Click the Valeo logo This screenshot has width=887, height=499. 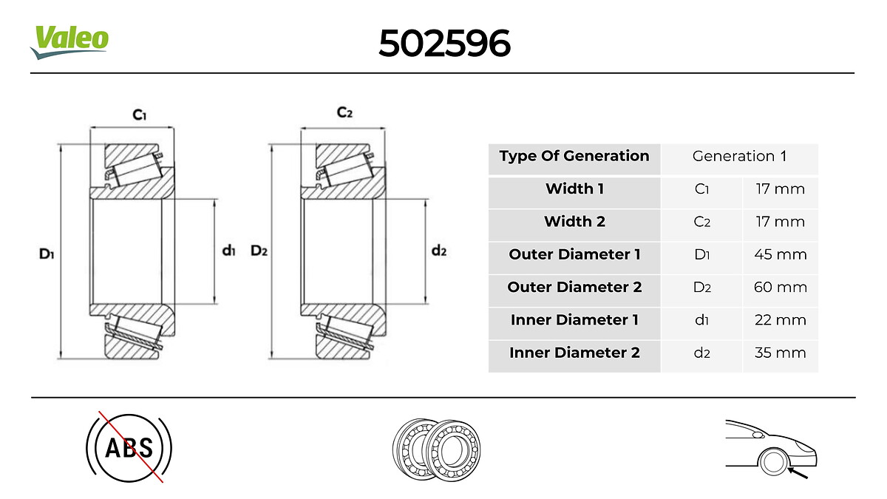tap(69, 41)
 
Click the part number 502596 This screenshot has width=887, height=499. tap(444, 44)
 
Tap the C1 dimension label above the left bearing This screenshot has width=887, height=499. tap(140, 115)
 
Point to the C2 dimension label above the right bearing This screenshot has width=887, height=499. tap(344, 112)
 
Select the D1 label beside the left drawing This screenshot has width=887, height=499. tap(47, 254)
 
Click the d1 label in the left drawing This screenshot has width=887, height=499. tap(228, 251)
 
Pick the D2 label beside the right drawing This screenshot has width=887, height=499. tap(258, 251)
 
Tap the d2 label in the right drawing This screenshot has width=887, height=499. tap(439, 251)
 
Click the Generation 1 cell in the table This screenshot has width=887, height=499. tap(739, 156)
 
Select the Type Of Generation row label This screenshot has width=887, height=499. tap(574, 156)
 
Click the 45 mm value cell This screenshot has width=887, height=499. tap(780, 255)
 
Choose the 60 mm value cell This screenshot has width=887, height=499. tap(780, 288)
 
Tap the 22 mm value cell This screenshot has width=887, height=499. tap(780, 320)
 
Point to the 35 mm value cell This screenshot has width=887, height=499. tap(780, 353)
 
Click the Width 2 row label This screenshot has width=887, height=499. tap(574, 222)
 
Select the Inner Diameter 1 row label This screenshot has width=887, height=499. tap(574, 320)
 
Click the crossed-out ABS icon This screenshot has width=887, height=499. tap(129, 447)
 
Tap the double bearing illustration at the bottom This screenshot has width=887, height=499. tap(437, 448)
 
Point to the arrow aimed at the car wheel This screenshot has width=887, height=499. tap(798, 472)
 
